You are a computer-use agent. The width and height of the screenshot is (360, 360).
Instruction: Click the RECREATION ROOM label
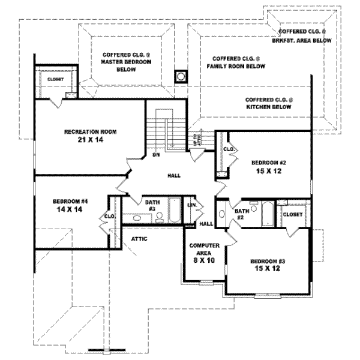tap(91, 131)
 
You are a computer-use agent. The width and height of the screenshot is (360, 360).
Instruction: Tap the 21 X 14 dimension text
tap(91, 139)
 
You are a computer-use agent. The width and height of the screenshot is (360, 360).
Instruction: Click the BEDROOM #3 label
tap(268, 262)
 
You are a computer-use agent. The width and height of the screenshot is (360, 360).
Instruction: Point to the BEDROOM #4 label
tap(70, 201)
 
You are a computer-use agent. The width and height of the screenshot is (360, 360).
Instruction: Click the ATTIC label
tap(139, 238)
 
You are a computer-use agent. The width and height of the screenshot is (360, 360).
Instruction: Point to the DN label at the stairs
tap(155, 155)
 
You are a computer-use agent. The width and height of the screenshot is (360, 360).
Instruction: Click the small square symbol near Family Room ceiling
tap(180, 76)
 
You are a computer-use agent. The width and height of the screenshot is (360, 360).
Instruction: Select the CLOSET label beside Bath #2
tap(292, 214)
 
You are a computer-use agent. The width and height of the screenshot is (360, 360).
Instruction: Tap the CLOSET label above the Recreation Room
tap(56, 79)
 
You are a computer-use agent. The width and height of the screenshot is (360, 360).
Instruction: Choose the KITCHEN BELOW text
tap(269, 107)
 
